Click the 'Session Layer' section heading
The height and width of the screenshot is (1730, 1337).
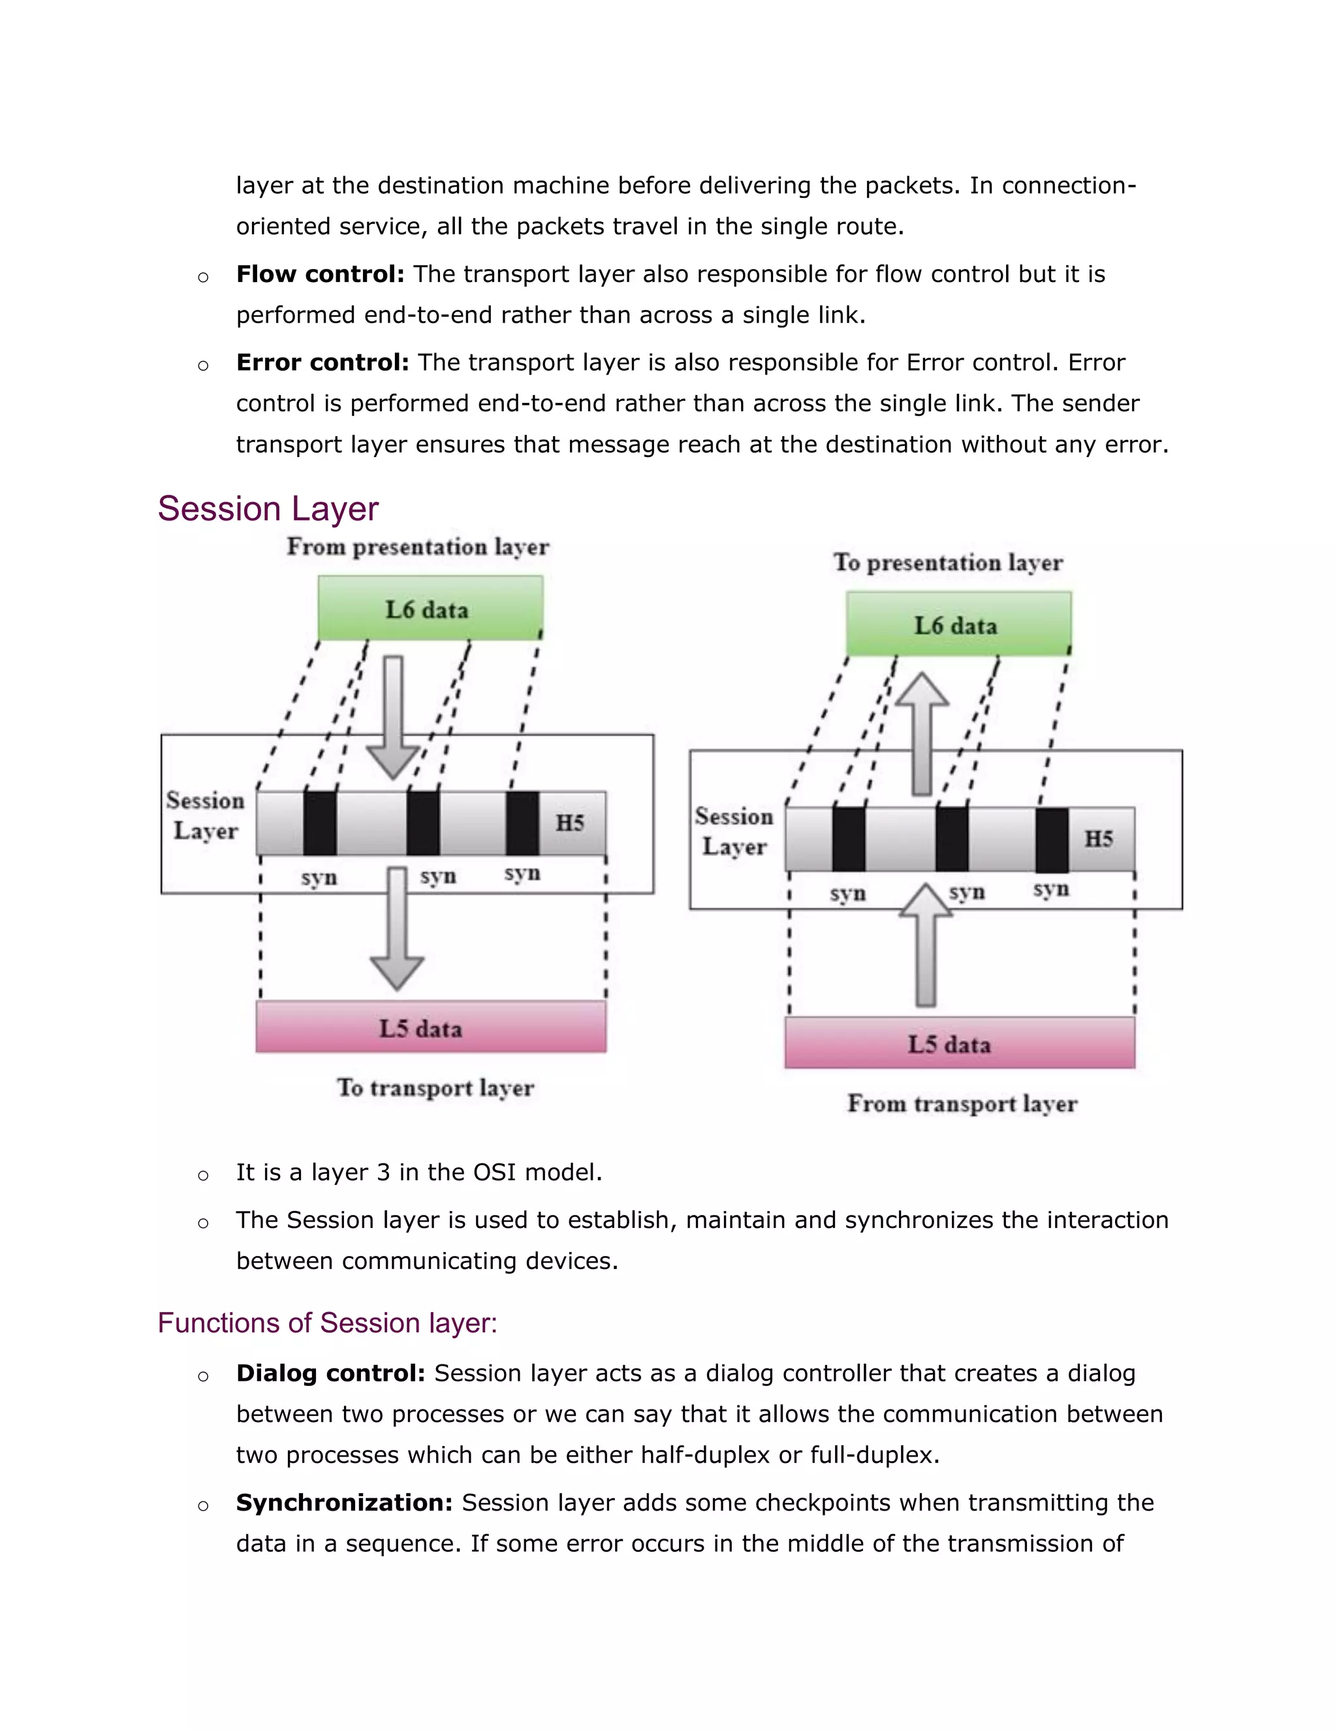pyautogui.click(x=268, y=509)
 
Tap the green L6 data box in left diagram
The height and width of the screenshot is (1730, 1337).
pyautogui.click(x=430, y=608)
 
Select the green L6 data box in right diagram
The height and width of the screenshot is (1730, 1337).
pyautogui.click(x=958, y=624)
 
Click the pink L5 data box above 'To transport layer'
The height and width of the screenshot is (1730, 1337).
pyautogui.click(x=431, y=1028)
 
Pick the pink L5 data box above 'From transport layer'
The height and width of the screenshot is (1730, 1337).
pyautogui.click(x=959, y=1043)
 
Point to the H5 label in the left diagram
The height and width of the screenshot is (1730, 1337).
pyautogui.click(x=569, y=822)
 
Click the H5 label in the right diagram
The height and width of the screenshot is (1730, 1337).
pyautogui.click(x=1099, y=838)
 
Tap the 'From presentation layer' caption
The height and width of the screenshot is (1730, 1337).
pyautogui.click(x=417, y=546)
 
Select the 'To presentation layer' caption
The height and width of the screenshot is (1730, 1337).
pyautogui.click(x=947, y=562)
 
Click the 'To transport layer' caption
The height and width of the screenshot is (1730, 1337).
pyautogui.click(x=435, y=1088)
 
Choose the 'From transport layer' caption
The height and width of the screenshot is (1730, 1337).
pyautogui.click(x=962, y=1103)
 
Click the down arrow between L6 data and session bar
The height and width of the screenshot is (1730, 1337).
pyautogui.click(x=394, y=717)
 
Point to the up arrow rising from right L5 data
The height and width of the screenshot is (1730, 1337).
pyautogui.click(x=925, y=947)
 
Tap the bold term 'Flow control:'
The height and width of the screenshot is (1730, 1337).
pyautogui.click(x=320, y=274)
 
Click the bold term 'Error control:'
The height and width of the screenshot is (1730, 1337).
pyautogui.click(x=322, y=363)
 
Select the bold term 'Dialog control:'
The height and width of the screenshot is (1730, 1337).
pyautogui.click(x=330, y=1373)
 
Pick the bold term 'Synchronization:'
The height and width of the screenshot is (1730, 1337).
pyautogui.click(x=344, y=1503)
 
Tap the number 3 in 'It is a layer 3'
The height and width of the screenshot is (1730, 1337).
pyautogui.click(x=383, y=1172)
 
